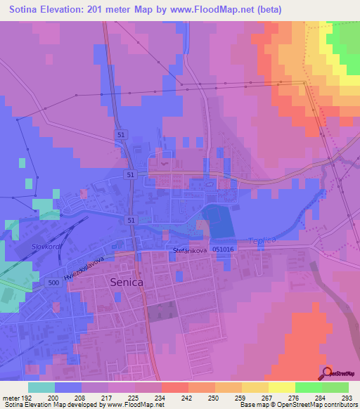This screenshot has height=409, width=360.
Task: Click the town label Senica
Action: point(128,283)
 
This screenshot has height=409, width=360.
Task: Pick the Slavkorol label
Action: point(48,247)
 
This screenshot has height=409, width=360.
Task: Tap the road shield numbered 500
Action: point(53,282)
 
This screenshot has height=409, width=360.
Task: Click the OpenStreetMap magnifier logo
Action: point(328,374)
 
